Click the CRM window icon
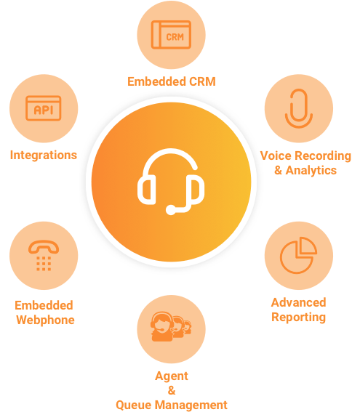[x=171, y=35]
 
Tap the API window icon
[x=44, y=108]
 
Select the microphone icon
[x=299, y=108]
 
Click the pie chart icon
[x=298, y=255]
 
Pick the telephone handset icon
[x=44, y=247]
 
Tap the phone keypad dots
[x=44, y=264]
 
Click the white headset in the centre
[x=171, y=182]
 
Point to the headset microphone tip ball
[x=171, y=210]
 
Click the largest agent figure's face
[x=161, y=324]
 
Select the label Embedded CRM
[x=172, y=81]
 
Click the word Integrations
[x=44, y=155]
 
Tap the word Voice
[x=276, y=155]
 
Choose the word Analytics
[x=311, y=170]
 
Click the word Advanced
[x=298, y=302]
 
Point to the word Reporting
[x=298, y=317]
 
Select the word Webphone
[x=45, y=320]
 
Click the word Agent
[x=172, y=376]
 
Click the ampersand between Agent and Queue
[x=172, y=390]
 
